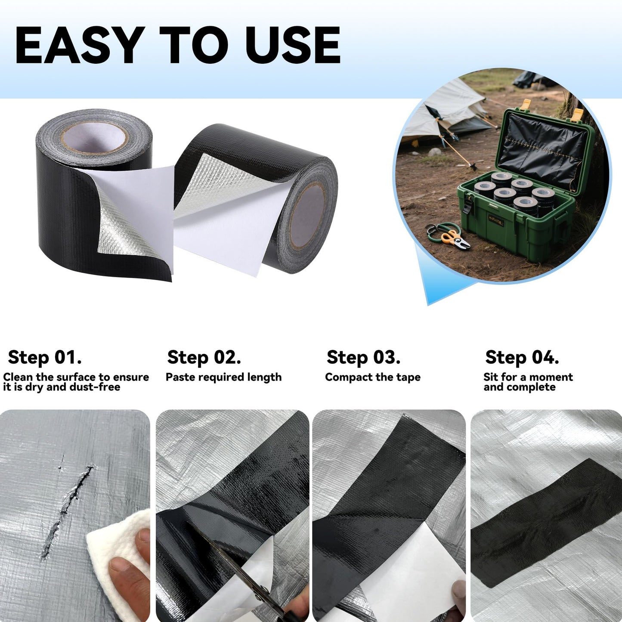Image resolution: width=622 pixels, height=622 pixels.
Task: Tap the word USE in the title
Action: [x=293, y=45]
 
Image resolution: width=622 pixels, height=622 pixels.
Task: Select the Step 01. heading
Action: [x=45, y=357]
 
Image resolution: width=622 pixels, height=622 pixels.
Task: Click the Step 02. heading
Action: [x=204, y=357]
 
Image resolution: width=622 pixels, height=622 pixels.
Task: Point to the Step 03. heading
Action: [x=363, y=357]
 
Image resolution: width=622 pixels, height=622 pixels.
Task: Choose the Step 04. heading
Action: [x=522, y=357]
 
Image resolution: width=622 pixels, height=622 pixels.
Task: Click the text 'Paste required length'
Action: [x=223, y=377]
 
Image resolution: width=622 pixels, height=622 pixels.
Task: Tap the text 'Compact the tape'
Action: [x=373, y=377]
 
